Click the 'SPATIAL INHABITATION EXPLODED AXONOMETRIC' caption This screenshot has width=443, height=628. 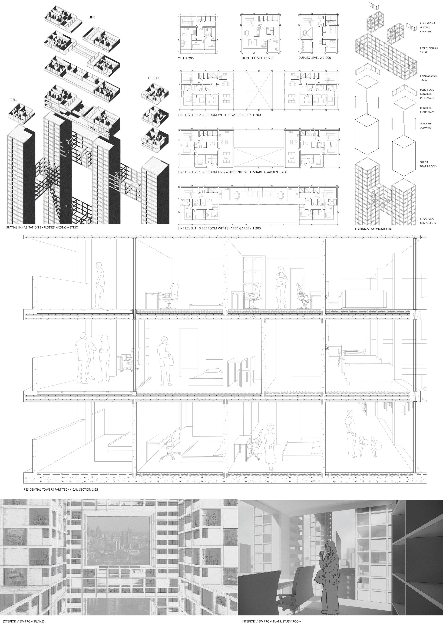tap(42, 227)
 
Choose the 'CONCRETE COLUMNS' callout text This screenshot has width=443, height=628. tap(426, 126)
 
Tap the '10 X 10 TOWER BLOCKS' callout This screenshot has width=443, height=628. tap(428, 164)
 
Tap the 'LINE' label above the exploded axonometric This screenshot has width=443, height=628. tap(92, 17)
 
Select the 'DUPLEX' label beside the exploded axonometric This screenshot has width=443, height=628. tap(154, 78)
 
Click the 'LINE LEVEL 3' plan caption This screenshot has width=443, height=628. tap(219, 115)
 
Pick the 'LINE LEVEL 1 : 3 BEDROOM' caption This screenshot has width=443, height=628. tap(219, 228)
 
